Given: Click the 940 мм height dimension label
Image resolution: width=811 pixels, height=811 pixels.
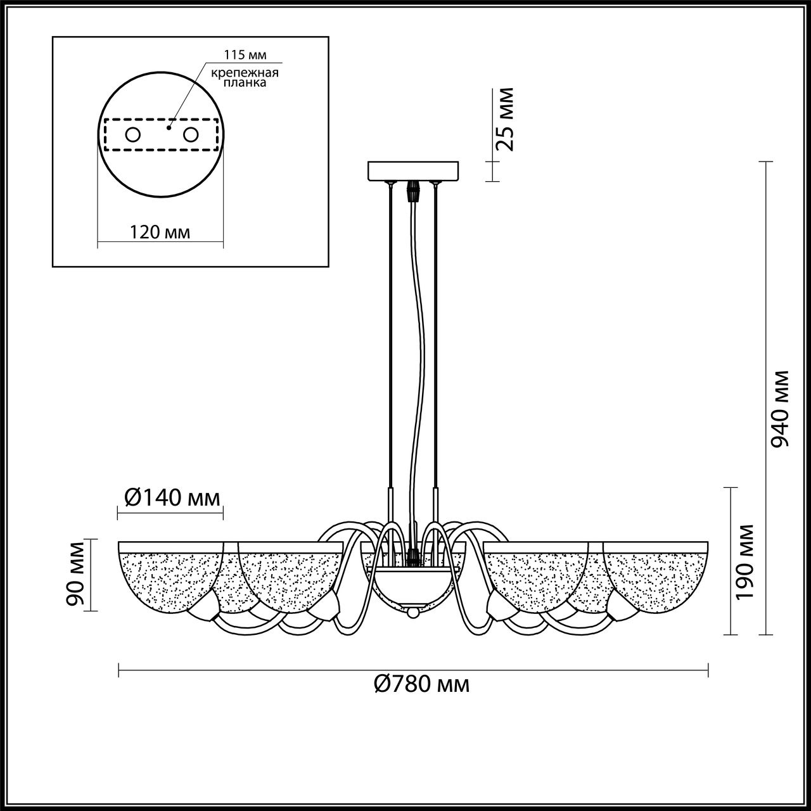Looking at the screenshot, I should click(x=781, y=409).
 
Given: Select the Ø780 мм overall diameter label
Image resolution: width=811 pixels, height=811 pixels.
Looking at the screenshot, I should click(x=422, y=684).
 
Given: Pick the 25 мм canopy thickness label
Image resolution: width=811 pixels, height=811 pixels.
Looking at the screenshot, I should click(x=505, y=118).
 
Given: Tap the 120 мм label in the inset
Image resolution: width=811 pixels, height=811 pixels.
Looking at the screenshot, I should click(x=160, y=233).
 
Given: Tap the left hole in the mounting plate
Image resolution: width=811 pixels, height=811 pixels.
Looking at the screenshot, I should click(x=133, y=134).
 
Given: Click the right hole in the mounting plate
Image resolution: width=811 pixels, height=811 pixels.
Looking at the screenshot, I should click(x=191, y=134).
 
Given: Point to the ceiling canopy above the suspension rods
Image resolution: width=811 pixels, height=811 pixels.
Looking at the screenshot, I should click(x=413, y=171).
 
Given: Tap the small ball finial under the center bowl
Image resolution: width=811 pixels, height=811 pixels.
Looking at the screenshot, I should click(x=413, y=613).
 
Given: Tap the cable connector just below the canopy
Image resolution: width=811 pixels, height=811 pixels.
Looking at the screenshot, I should click(x=413, y=190).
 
